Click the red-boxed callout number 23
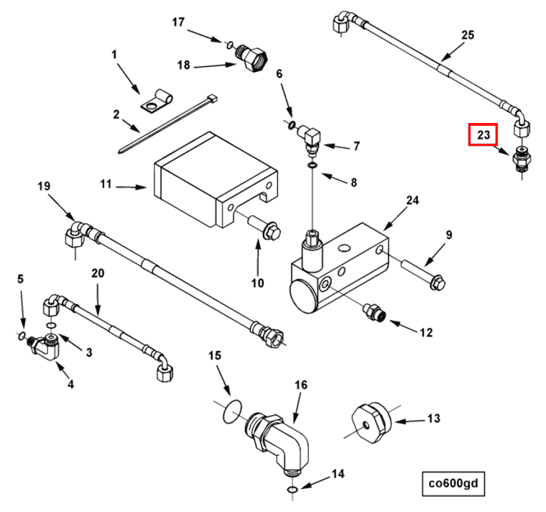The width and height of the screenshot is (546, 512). tap(483, 134)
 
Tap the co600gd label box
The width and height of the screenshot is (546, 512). tap(453, 483)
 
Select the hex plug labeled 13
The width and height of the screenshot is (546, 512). tap(371, 423)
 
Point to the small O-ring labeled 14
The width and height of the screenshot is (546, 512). tap(292, 490)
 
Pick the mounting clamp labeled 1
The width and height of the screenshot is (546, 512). tap(157, 102)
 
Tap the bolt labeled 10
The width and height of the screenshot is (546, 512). tap(264, 227)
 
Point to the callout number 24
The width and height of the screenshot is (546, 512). tap(412, 200)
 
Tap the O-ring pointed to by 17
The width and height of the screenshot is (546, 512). tap(229, 45)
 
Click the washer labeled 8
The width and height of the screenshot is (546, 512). tap(313, 165)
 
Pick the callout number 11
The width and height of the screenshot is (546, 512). tap(106, 183)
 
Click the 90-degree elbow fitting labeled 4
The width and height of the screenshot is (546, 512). tap(46, 347)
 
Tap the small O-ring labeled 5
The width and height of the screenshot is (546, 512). tap(22, 336)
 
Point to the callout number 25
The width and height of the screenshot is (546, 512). tap(468, 35)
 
